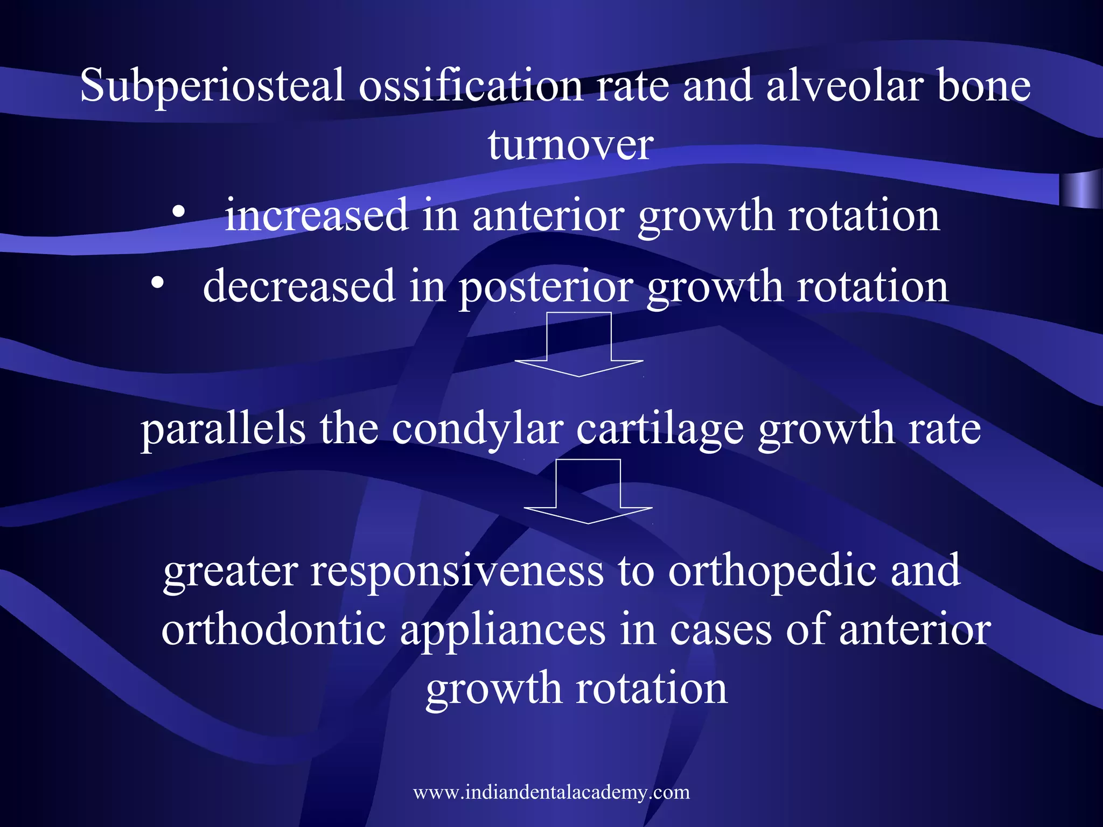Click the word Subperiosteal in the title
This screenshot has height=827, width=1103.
(x=212, y=86)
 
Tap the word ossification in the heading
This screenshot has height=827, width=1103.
(x=470, y=86)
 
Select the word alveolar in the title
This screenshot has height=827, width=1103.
(x=845, y=86)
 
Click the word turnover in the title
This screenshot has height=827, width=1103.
(x=570, y=145)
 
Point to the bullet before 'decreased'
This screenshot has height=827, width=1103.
(x=157, y=283)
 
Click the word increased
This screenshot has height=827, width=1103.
(x=316, y=215)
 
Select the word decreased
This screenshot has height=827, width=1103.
(x=299, y=286)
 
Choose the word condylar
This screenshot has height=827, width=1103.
(x=478, y=431)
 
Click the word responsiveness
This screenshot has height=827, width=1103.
(x=457, y=571)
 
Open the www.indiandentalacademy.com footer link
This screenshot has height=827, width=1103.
(x=551, y=793)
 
